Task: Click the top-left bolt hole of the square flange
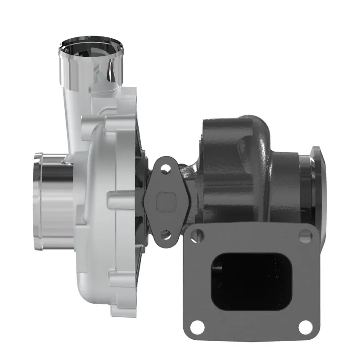pos(195,233)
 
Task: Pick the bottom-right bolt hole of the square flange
pos(305,325)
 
